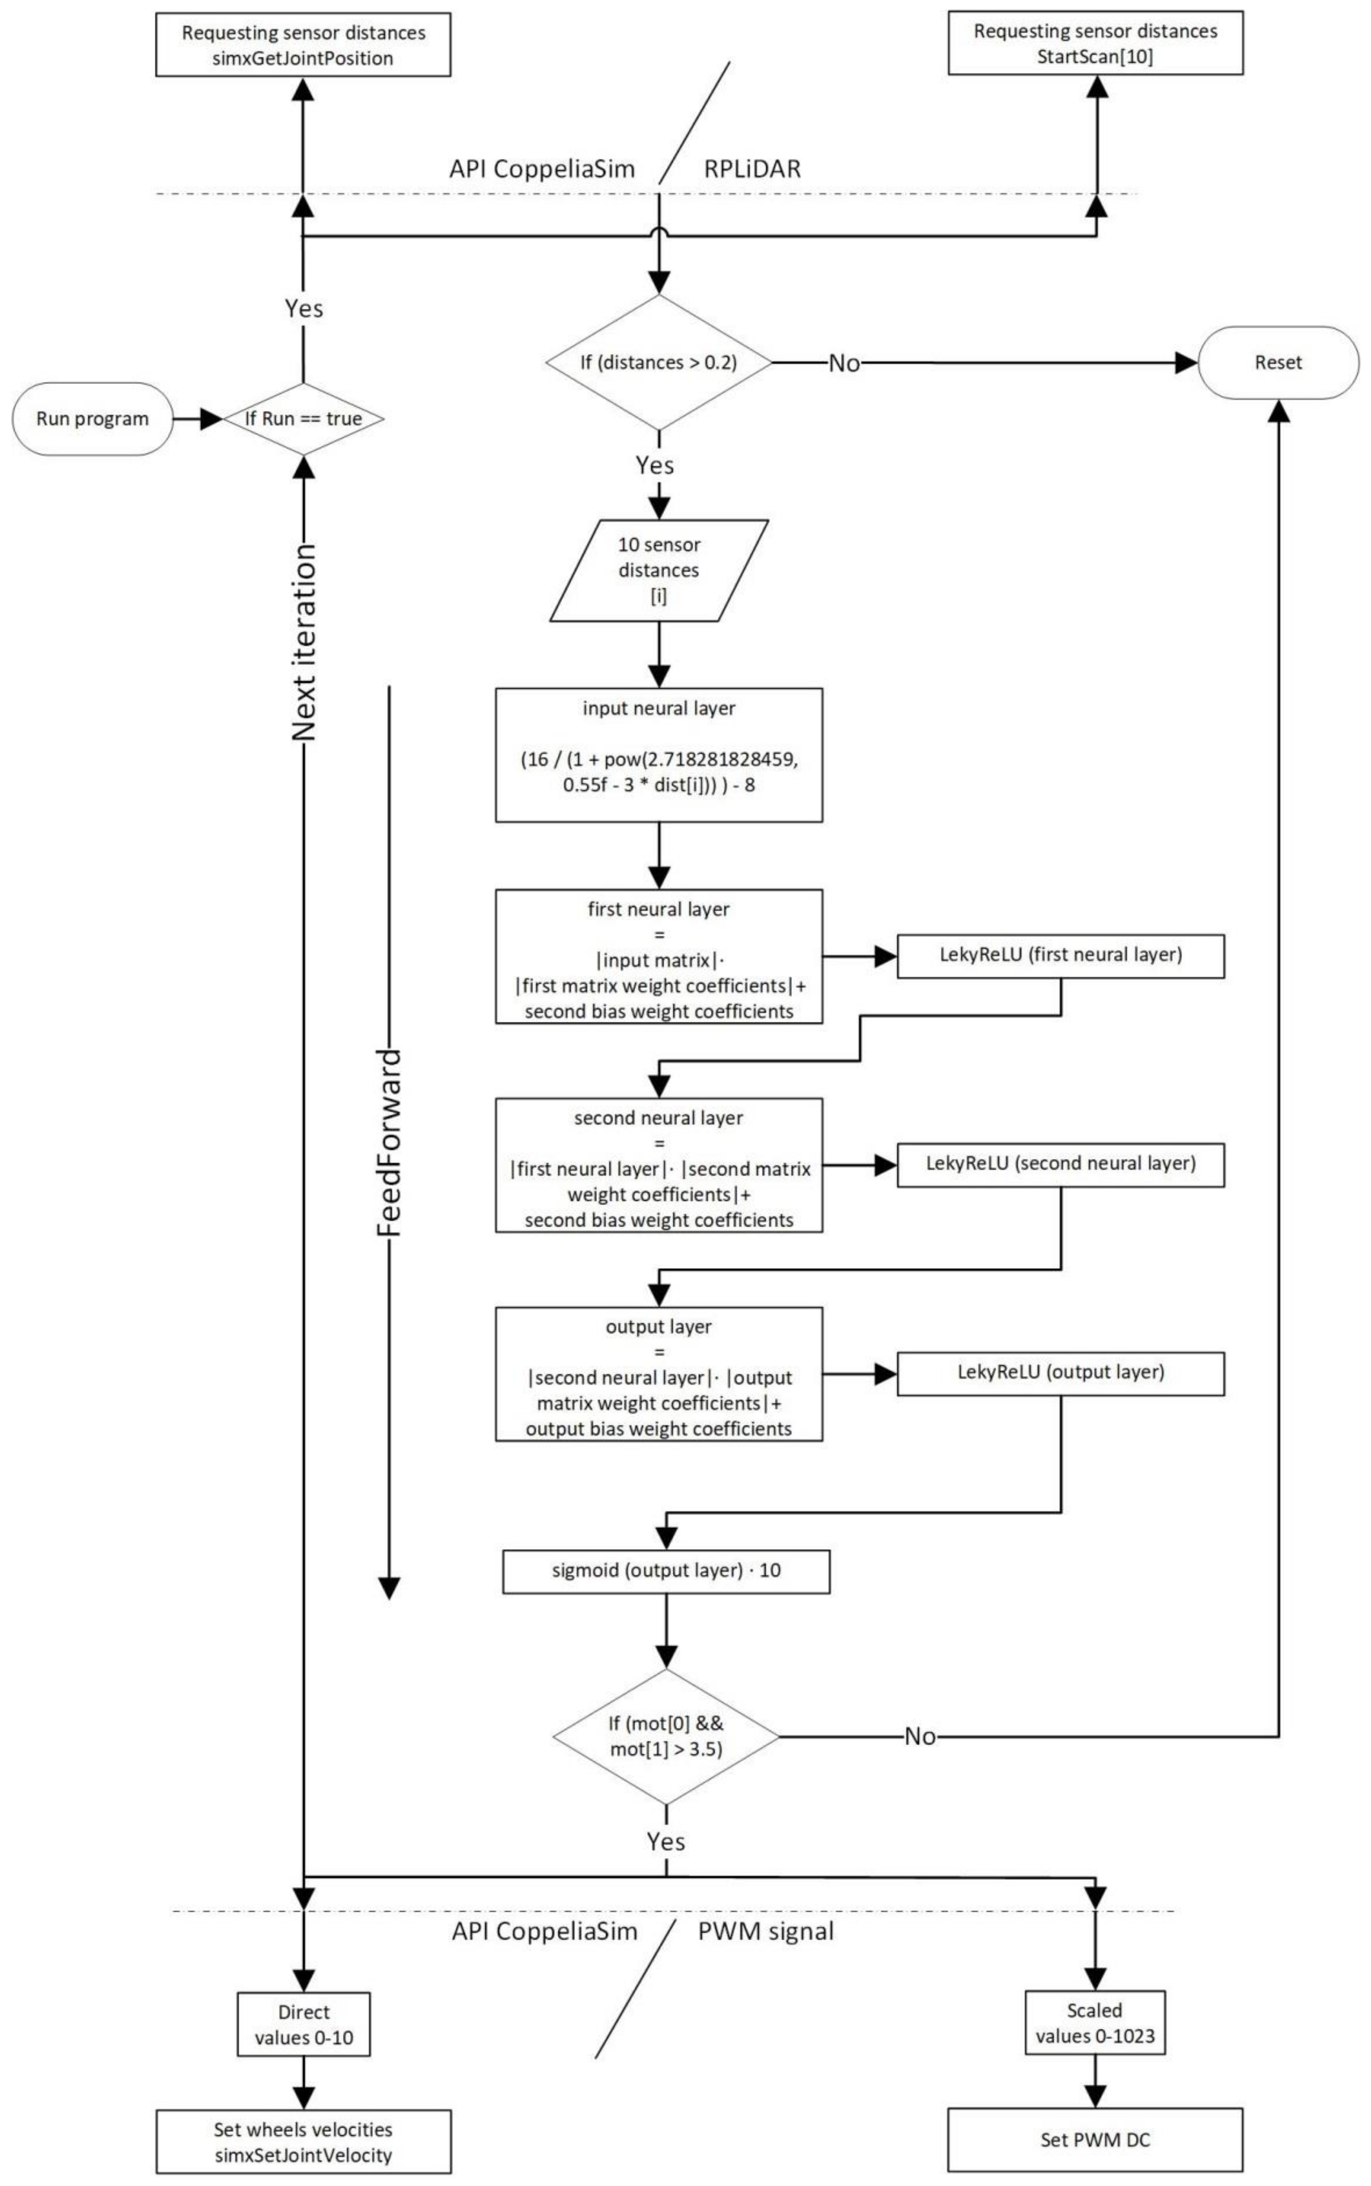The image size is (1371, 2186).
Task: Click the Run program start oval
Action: tap(92, 419)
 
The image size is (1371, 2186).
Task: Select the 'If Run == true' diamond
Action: tap(304, 419)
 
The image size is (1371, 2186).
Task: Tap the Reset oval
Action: tap(1278, 363)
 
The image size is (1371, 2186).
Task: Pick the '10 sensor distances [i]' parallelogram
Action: tap(659, 570)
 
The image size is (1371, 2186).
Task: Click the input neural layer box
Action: tap(659, 756)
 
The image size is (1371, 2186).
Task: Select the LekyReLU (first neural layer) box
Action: tap(1061, 955)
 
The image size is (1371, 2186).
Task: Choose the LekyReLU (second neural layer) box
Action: tap(1061, 1164)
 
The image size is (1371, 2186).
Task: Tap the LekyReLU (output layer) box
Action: tap(1061, 1372)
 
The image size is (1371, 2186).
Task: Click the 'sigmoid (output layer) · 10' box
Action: tap(666, 1571)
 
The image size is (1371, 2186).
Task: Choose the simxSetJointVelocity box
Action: tap(304, 2142)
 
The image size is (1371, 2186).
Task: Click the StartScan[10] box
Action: tap(1096, 43)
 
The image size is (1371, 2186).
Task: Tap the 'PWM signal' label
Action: tap(766, 1931)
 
